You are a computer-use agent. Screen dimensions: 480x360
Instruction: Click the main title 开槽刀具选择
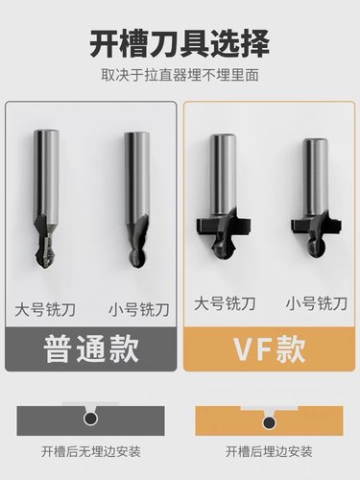[x=180, y=43]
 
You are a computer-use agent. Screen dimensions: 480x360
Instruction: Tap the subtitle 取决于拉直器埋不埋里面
[x=180, y=74]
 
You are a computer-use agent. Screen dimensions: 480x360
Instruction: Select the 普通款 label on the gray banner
[x=90, y=347]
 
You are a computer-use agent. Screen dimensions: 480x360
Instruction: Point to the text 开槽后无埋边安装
[x=90, y=450]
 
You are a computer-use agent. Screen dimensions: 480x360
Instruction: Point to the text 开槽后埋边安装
[x=268, y=450]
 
